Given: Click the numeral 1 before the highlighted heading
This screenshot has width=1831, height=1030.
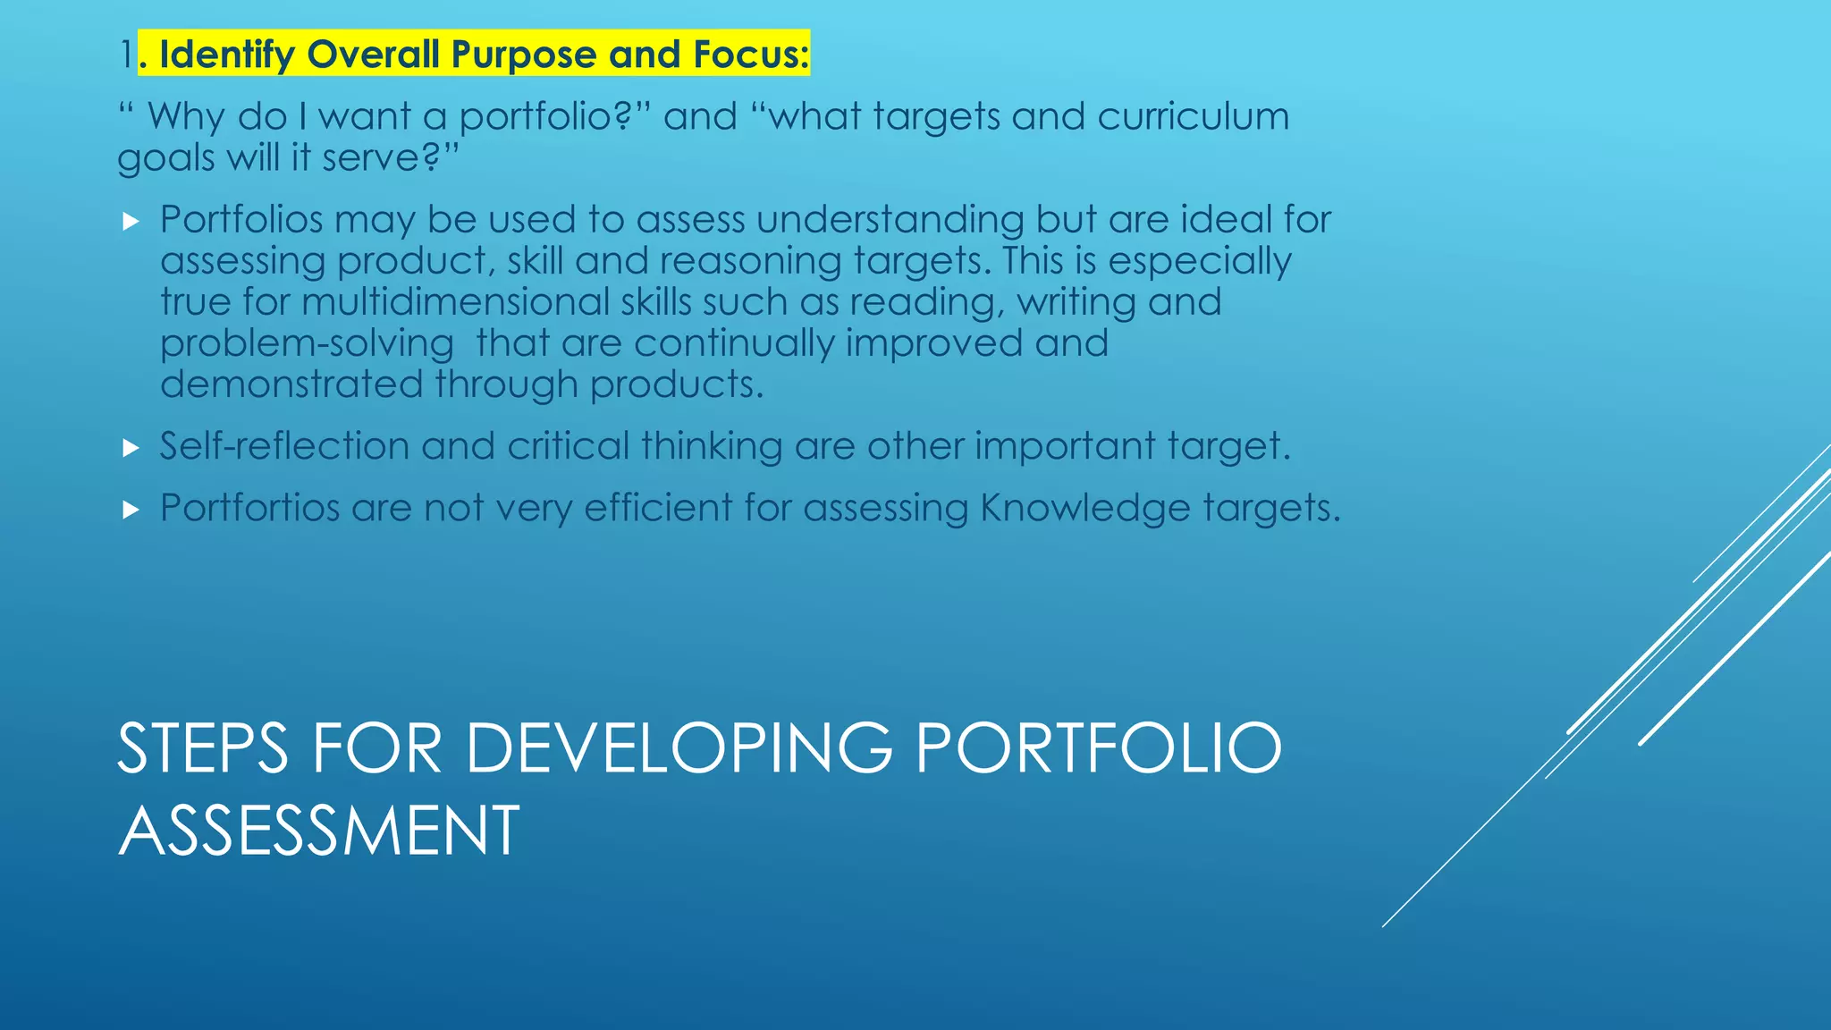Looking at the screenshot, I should click(127, 55).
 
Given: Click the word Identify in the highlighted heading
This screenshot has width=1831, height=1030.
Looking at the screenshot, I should click(226, 55).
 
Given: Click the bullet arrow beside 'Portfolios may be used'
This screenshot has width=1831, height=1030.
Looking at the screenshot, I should click(131, 221).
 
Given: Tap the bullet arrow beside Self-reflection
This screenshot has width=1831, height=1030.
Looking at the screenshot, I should click(131, 447).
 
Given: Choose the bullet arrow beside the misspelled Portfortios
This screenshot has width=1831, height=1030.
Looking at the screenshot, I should click(131, 510).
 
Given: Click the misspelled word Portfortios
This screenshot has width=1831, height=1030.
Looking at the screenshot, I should click(249, 508).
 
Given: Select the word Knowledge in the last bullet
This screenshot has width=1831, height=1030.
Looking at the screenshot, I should click(1084, 508).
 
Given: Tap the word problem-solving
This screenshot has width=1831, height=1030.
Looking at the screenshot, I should click(307, 344).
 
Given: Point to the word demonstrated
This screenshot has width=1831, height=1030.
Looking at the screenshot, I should click(291, 384).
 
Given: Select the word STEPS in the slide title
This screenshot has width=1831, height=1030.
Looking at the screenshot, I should click(203, 749).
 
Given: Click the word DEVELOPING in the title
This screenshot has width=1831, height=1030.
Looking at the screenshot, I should click(679, 749).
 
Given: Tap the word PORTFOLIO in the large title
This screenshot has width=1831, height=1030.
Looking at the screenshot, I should click(1099, 749).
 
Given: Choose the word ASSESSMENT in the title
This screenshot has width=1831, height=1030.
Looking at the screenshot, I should click(318, 832).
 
